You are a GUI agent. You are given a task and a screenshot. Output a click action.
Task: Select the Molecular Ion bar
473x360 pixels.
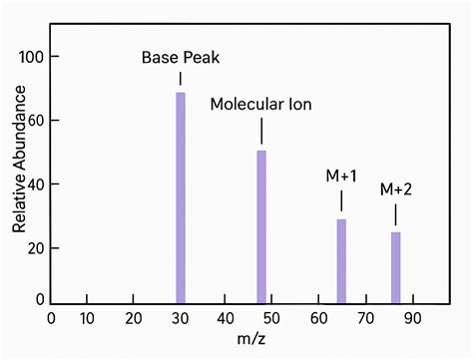[261, 226]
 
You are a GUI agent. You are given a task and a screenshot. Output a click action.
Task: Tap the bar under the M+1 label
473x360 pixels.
[341, 261]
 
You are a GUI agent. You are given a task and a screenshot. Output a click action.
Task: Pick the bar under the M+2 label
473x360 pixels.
[395, 267]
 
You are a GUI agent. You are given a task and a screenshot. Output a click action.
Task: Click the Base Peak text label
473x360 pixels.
[181, 57]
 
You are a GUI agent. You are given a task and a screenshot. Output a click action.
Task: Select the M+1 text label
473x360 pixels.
[341, 177]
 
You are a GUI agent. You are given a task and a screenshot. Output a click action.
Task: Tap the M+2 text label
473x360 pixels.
[395, 188]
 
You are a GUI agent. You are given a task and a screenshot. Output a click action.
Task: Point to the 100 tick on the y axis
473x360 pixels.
[33, 57]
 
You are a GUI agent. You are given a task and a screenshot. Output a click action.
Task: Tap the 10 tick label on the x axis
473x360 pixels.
[87, 319]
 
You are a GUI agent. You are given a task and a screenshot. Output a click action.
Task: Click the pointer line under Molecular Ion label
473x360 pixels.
[261, 132]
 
